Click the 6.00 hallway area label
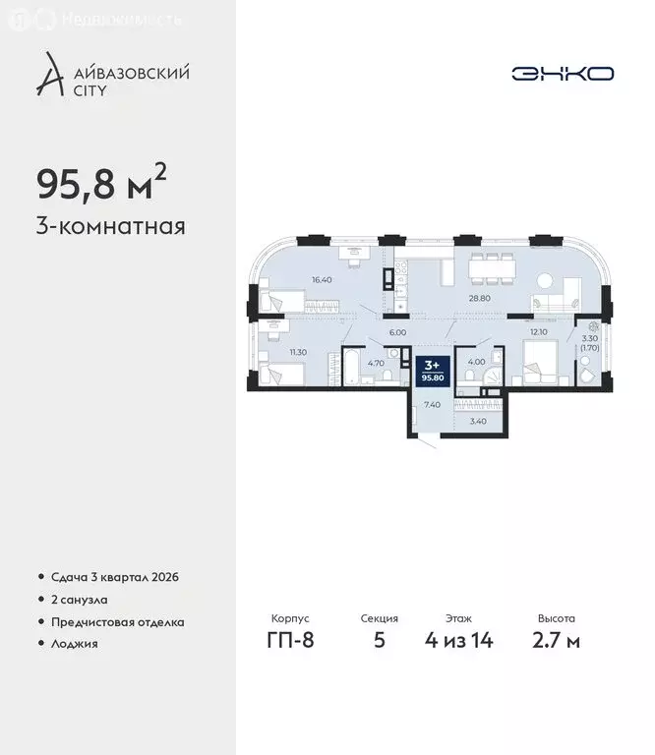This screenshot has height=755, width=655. click(398, 332)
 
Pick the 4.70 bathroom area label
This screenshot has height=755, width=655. click(375, 362)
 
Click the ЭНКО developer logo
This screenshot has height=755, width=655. click(563, 74)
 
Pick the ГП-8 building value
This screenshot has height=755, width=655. click(290, 642)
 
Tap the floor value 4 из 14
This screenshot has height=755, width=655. click(457, 642)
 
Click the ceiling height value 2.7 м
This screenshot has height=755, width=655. click(557, 642)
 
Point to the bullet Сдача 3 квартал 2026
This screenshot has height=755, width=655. click(113, 576)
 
